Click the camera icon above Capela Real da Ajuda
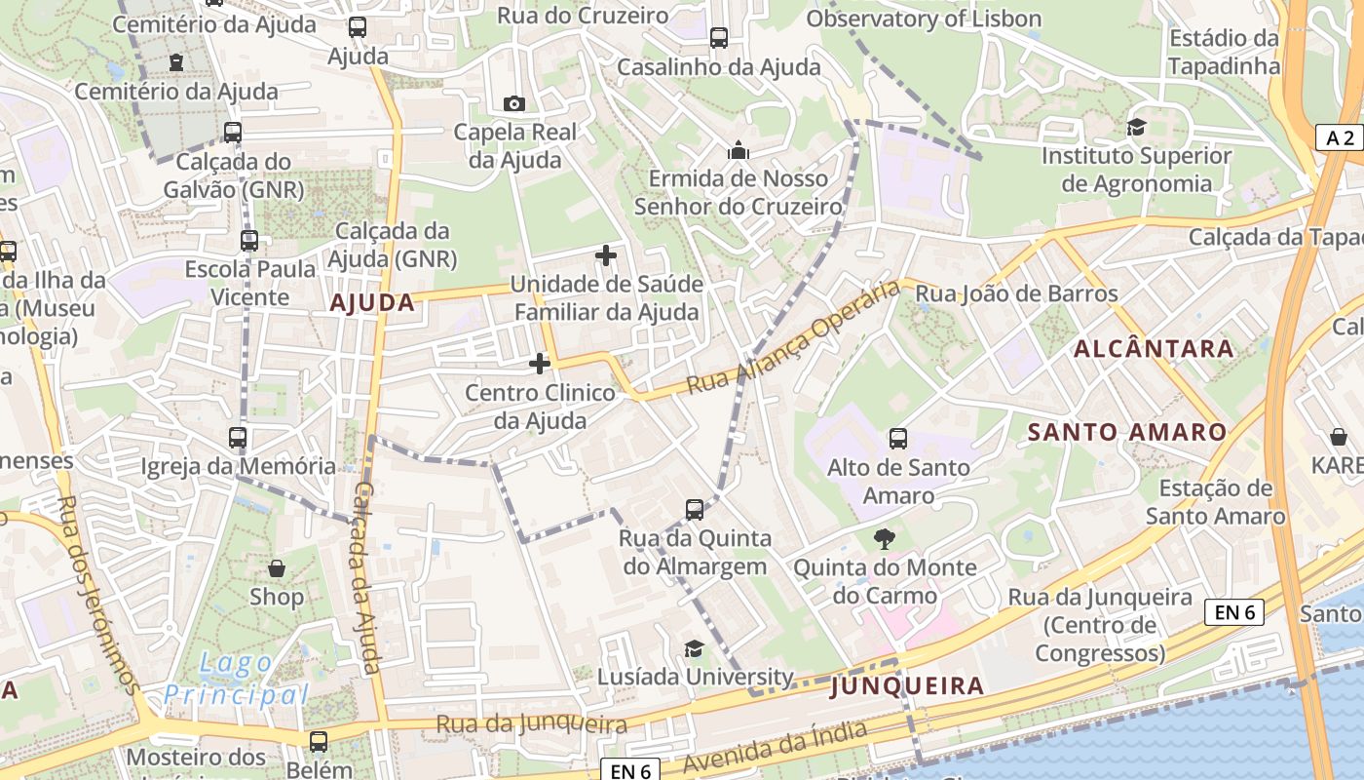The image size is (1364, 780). click(x=513, y=103)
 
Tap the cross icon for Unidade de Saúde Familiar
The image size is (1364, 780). click(x=606, y=255)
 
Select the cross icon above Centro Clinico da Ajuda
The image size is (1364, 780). click(x=540, y=364)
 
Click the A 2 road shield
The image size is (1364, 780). click(x=1340, y=137)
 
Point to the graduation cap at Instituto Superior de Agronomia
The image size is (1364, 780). click(x=1136, y=127)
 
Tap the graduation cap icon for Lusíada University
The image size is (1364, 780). click(x=694, y=648)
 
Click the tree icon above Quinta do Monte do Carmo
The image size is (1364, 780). click(x=885, y=538)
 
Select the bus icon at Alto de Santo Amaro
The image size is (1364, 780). click(x=898, y=439)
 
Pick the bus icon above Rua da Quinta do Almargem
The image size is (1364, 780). click(x=695, y=509)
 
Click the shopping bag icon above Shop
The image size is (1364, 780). click(x=277, y=567)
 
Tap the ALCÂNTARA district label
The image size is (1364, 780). click(x=1154, y=348)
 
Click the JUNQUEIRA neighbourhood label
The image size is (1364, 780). click(x=907, y=686)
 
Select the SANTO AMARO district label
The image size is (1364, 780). click(x=1128, y=432)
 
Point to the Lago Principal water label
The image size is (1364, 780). click(x=236, y=680)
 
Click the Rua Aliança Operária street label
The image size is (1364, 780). click(x=792, y=337)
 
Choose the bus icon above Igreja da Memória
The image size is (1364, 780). click(x=238, y=438)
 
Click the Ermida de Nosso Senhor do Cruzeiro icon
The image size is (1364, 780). click(x=739, y=150)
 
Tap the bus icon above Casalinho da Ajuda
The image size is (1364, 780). click(x=719, y=38)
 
